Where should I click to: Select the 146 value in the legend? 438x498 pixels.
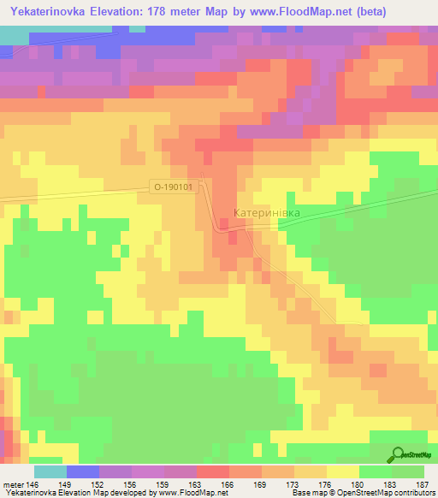point(33,483)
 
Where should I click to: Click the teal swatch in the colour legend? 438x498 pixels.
point(50,471)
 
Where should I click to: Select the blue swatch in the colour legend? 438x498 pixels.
point(82,471)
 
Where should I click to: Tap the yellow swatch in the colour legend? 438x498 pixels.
point(342,471)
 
